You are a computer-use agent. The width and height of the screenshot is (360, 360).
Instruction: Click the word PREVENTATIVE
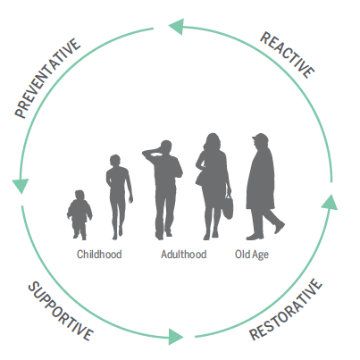pos(47,79)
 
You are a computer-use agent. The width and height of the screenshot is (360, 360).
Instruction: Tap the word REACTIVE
pos(288,55)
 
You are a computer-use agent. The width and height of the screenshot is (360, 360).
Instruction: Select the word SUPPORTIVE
pos(61,311)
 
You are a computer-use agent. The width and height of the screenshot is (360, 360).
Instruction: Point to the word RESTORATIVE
pos(286,309)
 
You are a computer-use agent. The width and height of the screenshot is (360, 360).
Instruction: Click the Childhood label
pos(99,255)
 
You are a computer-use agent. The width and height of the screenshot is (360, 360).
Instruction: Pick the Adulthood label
pos(183,255)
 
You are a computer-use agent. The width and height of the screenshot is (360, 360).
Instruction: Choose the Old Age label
pos(252,255)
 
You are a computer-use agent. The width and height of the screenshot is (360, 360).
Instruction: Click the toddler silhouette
pos(80,215)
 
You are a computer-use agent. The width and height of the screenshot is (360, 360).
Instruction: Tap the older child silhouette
pos(119,197)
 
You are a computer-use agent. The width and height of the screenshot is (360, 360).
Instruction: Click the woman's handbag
pos(229,206)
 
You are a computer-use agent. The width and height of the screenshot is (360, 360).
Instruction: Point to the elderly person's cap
pos(260,138)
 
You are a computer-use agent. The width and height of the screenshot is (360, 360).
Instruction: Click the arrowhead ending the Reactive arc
pos(176,27)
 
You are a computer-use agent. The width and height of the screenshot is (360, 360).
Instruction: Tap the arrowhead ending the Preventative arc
pos(21,186)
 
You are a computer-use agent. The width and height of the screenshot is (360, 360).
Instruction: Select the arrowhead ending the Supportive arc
pos(176,337)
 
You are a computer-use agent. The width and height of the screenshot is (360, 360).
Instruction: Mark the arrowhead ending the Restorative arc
pos(331,203)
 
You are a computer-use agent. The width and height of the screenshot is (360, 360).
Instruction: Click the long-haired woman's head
pos(212,142)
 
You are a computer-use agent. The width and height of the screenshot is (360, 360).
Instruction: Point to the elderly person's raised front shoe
pos(280,228)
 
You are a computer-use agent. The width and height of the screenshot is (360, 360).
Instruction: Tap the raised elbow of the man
pos(146,154)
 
